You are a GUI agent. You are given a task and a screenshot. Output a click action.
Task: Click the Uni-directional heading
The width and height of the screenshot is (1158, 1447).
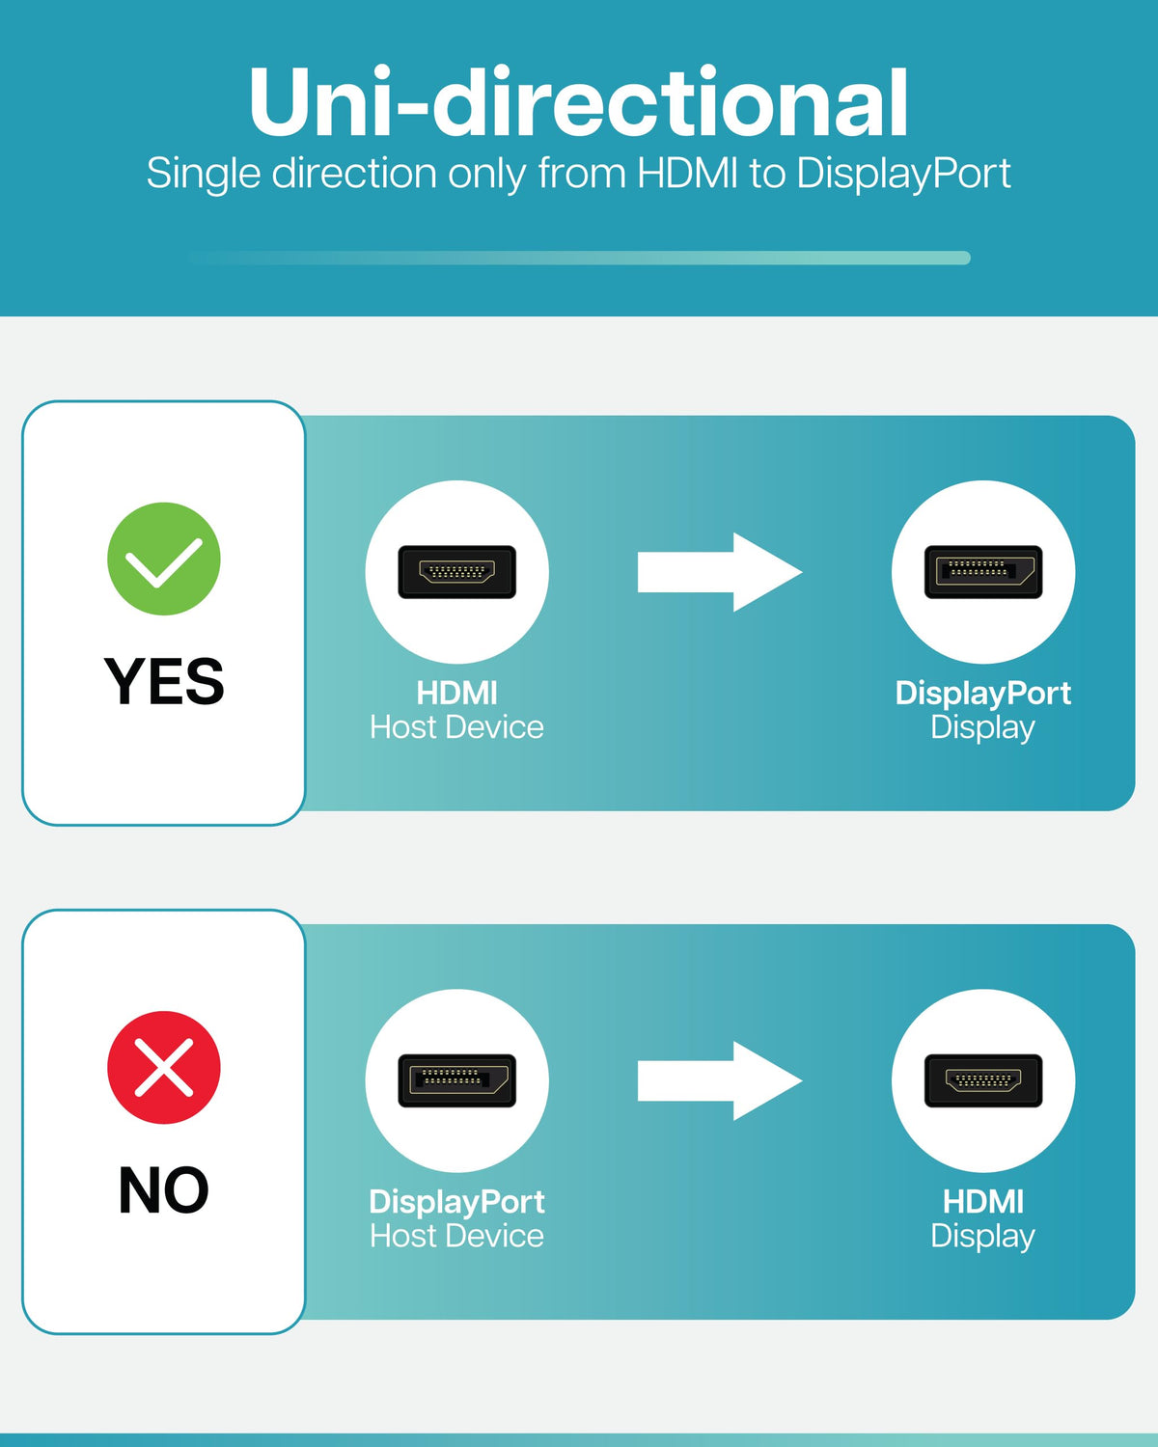click(x=579, y=102)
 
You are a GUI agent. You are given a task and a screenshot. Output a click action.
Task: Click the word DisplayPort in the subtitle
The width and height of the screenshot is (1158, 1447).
click(x=903, y=174)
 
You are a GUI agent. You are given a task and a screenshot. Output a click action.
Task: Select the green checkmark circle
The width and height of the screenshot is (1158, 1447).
click(x=164, y=559)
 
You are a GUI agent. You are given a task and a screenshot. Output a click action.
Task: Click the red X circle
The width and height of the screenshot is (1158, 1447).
click(x=164, y=1067)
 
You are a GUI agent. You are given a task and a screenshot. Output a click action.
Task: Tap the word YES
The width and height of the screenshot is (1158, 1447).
click(x=164, y=681)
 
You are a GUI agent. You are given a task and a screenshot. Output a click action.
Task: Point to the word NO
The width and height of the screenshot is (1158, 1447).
click(x=164, y=1189)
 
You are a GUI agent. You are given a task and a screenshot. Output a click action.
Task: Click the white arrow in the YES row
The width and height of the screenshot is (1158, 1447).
click(x=719, y=572)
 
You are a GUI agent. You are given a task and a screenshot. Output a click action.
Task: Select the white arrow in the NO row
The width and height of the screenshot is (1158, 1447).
click(x=719, y=1080)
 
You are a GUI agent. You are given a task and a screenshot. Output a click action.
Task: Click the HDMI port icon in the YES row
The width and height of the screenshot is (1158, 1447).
click(x=456, y=572)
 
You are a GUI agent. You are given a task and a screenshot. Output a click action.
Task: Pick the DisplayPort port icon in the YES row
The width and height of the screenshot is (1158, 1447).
click(x=982, y=572)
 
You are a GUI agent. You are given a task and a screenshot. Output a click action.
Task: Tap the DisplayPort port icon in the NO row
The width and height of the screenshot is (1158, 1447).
click(x=456, y=1080)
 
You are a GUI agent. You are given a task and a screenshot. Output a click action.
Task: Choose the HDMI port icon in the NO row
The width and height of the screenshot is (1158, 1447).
click(x=982, y=1080)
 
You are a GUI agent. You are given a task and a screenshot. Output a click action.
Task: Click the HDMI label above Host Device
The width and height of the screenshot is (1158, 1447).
click(x=456, y=693)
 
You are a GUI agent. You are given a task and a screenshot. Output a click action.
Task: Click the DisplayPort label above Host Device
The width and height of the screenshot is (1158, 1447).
click(x=456, y=1201)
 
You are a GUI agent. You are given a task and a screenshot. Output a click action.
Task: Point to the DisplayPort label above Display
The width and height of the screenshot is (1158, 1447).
click(x=982, y=693)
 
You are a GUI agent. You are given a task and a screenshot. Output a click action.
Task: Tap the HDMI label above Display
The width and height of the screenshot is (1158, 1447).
click(x=982, y=1201)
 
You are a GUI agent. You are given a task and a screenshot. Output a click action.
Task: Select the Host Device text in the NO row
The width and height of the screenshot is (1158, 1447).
click(x=456, y=1236)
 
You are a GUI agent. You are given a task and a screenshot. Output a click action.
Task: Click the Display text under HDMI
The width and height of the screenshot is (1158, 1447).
click(x=982, y=1236)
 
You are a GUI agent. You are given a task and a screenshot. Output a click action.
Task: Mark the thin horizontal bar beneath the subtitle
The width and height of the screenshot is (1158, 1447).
click(x=579, y=258)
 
